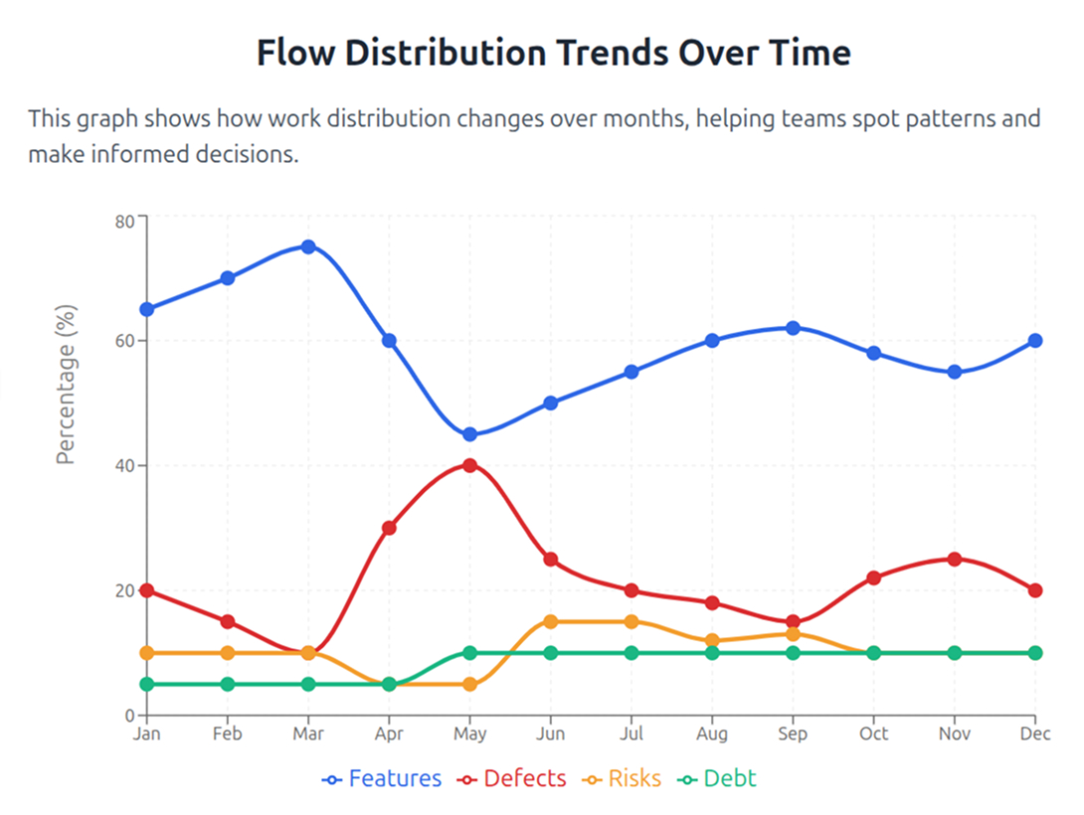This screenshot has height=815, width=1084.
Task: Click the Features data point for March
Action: (308, 246)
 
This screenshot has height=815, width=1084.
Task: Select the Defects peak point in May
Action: (469, 465)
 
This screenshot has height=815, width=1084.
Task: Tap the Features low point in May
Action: (469, 434)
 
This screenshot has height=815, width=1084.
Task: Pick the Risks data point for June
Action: (550, 622)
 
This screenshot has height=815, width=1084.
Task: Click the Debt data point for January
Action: (146, 684)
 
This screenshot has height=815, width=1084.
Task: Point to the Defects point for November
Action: (955, 560)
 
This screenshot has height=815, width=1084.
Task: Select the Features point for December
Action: (1035, 340)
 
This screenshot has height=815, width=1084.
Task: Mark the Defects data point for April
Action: (389, 528)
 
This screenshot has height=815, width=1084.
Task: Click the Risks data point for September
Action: (793, 634)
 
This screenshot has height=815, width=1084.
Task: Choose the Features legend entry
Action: (382, 778)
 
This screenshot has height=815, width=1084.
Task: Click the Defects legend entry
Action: (511, 778)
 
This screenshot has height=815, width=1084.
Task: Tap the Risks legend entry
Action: (623, 778)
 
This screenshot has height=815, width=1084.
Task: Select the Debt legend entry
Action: (717, 778)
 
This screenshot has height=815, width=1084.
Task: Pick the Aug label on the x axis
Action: (712, 733)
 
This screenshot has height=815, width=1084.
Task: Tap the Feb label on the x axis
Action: (227, 733)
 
